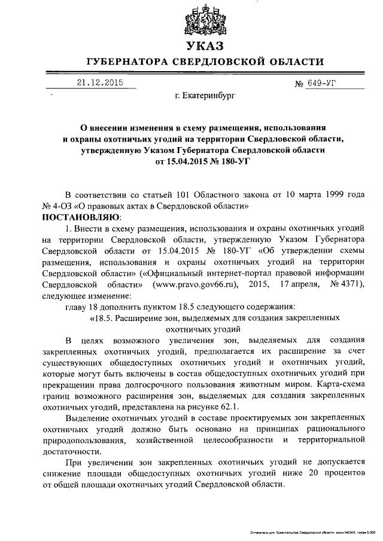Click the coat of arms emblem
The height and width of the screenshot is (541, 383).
point(205,19)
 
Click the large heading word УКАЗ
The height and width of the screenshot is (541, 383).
point(205,46)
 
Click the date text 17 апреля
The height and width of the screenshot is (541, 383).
point(296,283)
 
